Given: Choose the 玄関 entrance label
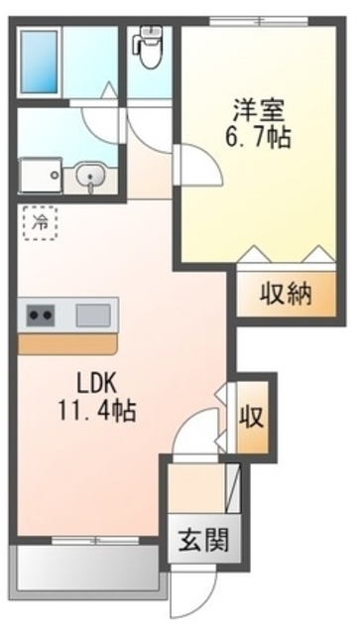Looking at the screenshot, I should pyautogui.click(x=206, y=541).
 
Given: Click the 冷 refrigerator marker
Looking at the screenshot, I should pyautogui.click(x=40, y=224).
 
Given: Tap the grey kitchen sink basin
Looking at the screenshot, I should pyautogui.click(x=95, y=316).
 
